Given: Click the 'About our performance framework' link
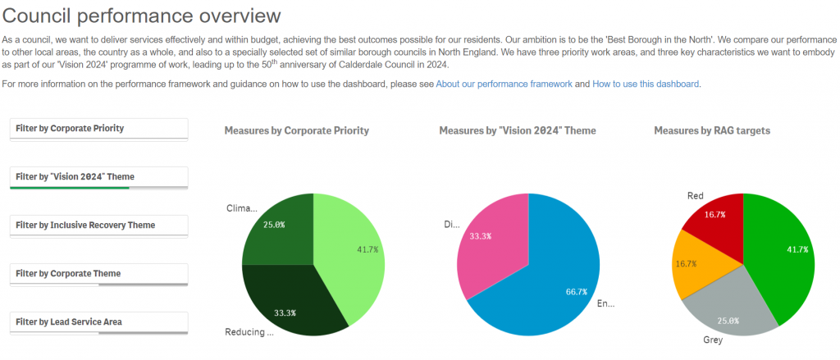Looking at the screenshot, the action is [504, 84].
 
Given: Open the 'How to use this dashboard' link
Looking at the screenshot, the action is [646, 84].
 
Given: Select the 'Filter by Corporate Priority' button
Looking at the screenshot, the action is [99, 129].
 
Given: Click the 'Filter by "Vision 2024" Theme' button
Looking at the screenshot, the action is [99, 177].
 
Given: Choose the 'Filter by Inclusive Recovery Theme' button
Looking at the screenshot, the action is [99, 226].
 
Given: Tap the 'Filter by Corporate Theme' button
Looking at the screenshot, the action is [99, 274].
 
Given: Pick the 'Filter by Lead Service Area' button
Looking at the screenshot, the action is [99, 322].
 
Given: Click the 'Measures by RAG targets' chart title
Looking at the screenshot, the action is [712, 130].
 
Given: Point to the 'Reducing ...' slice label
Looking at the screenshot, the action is [249, 332].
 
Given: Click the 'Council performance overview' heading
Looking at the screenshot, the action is [141, 16].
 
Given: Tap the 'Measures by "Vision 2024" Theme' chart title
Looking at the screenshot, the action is [518, 130].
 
